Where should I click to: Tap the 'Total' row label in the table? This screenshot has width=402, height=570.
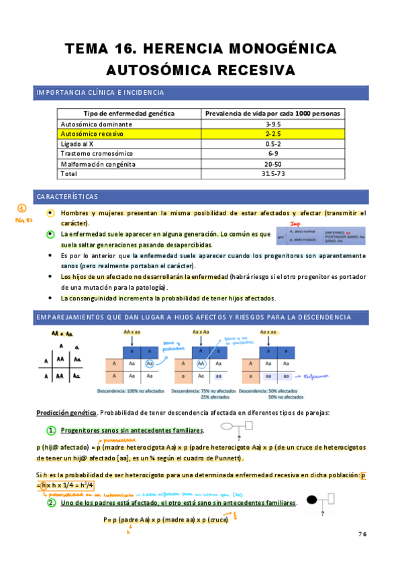(x=69, y=173)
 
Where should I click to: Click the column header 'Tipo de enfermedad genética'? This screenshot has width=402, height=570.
(x=128, y=114)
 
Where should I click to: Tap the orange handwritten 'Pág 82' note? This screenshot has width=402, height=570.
(x=23, y=220)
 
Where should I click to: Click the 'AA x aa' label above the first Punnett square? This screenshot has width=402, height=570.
(x=132, y=332)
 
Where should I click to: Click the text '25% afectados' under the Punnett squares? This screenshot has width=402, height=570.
(x=215, y=397)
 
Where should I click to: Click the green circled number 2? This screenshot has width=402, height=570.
(x=50, y=503)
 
